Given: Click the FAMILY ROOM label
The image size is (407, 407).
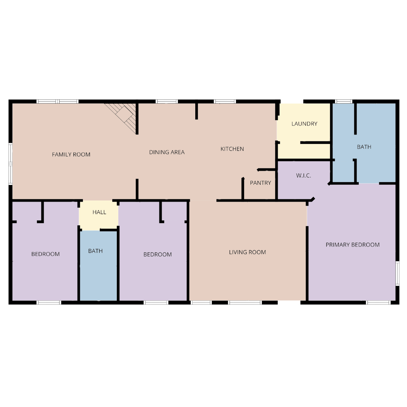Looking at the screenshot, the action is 71,155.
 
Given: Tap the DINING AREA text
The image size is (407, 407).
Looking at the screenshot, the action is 167,152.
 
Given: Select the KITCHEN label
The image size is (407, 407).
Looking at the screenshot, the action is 232,149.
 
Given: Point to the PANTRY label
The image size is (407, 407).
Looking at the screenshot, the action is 260,183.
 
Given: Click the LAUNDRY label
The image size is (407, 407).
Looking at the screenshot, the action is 304,124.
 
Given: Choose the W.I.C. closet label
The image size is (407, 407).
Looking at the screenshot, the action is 303,176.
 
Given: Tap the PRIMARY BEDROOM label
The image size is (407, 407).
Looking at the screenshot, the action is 352,245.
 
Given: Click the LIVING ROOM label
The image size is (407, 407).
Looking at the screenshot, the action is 247,252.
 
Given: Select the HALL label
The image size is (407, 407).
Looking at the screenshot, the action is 99,212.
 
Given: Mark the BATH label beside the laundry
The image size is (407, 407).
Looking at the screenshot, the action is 364,147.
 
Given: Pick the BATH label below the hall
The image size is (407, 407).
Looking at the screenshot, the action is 95,251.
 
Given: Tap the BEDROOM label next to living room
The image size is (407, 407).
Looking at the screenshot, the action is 158,254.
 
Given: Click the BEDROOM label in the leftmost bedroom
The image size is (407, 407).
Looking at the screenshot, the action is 46,254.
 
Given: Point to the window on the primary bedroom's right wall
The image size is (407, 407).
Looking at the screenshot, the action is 397,273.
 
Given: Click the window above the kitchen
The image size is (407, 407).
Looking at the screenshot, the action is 225,101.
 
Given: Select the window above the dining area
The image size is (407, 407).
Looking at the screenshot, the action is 167,101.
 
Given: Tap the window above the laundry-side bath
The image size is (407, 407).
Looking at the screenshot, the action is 343,101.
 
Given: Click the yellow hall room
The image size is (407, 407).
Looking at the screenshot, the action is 99,215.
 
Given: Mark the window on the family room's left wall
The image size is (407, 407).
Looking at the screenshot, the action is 11,164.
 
